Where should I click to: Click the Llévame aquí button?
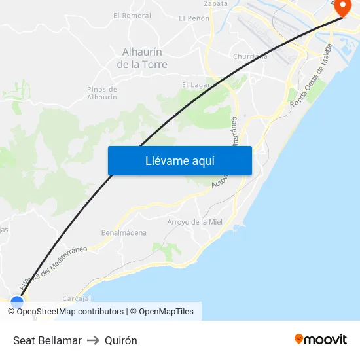(179, 161)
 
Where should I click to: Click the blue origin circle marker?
(17, 302)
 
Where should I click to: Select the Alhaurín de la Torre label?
(142, 58)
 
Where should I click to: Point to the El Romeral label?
(132, 16)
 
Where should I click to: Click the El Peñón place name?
(194, 18)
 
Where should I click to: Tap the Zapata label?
(216, 3)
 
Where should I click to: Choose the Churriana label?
(250, 56)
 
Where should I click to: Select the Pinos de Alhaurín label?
(102, 93)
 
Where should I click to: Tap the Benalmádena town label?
(124, 232)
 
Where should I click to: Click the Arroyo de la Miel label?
(195, 222)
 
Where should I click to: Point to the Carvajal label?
(76, 298)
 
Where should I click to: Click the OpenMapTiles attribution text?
(166, 312)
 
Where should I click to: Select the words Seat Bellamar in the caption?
(47, 340)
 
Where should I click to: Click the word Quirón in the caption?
(121, 340)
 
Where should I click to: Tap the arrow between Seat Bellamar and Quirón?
(93, 340)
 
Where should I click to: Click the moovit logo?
(321, 339)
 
